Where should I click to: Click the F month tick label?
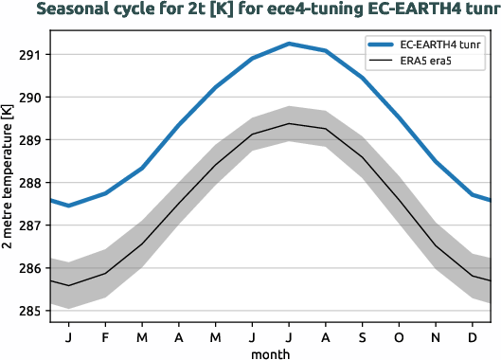105,336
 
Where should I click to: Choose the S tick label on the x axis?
362,336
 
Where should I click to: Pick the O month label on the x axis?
399,336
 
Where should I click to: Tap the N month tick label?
436,336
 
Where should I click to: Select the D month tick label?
472,336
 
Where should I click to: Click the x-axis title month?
270,352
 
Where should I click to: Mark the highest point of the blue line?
289,44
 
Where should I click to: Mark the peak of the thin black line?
289,123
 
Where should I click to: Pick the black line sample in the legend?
383,63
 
